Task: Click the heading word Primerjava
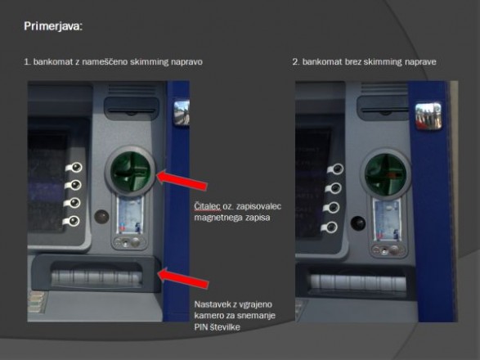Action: click(x=52, y=26)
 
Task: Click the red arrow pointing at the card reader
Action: click(x=182, y=181)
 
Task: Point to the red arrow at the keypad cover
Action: click(x=183, y=278)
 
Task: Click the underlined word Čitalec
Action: click(x=207, y=206)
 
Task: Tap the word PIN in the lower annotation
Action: click(x=201, y=327)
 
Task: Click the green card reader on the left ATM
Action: click(x=130, y=172)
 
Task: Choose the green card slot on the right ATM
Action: click(x=385, y=175)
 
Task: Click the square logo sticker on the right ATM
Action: click(x=428, y=116)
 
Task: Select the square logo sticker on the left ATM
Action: click(x=182, y=112)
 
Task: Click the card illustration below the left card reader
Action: click(x=130, y=215)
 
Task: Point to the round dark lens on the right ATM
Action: click(x=358, y=223)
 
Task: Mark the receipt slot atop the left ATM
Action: click(x=132, y=109)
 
